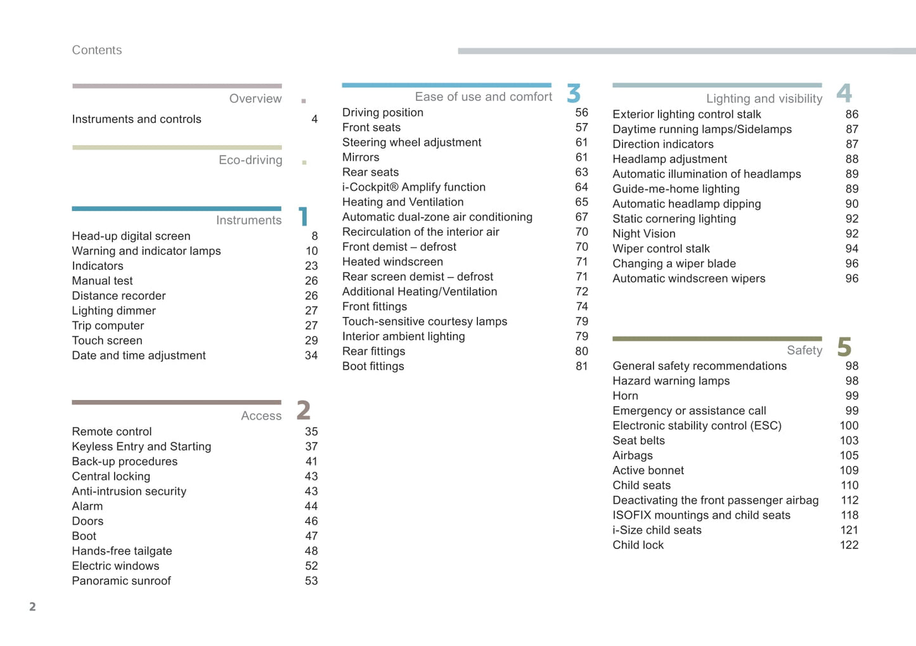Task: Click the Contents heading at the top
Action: (96, 50)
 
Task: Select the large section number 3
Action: (574, 94)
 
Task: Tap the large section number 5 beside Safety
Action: (844, 347)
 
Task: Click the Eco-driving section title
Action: (250, 160)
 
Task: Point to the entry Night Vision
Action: (643, 234)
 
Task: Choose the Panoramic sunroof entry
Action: (121, 581)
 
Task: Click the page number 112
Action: (849, 501)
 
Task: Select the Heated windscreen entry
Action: (392, 262)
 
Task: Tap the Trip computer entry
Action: (108, 326)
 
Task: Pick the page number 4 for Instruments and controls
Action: (314, 119)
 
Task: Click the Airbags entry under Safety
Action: (632, 456)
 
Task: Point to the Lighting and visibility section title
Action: (764, 99)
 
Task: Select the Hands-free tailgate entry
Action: (122, 552)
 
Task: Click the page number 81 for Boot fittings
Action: (581, 366)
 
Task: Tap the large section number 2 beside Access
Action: (304, 411)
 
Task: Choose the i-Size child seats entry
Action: (657, 531)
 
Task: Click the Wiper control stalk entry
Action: (661, 249)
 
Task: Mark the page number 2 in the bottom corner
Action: (32, 607)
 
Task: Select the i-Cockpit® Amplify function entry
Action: (413, 188)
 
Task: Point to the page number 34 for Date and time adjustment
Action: (311, 356)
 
